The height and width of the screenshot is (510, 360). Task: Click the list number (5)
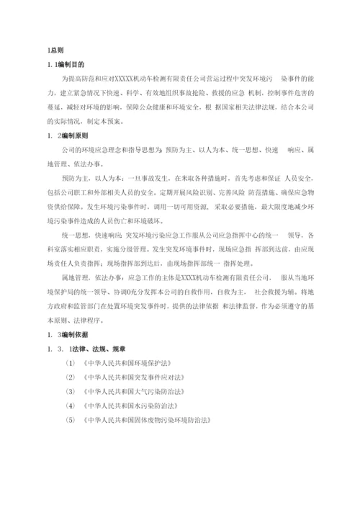[x=69, y=419]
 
